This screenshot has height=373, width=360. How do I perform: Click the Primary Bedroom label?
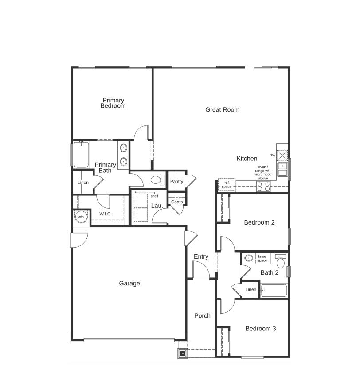pos(113,103)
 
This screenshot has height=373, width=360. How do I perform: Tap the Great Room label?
pos(222,110)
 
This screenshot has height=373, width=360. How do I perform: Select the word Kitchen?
pos(247,159)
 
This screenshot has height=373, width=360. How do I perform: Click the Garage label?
pos(129,284)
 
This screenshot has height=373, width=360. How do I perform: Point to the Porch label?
pos(202,316)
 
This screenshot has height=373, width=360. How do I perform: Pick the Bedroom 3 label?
pos(261,329)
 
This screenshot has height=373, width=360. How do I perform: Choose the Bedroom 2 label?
pos(259,222)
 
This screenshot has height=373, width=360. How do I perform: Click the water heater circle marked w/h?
pos(81,217)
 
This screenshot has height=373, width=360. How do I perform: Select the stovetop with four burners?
pos(263,186)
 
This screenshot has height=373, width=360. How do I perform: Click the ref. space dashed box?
pos(227,185)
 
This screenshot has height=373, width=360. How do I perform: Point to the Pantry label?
pos(176,182)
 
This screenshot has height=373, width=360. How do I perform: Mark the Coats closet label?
pos(177,202)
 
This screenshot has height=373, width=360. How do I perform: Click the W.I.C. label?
pos(105,214)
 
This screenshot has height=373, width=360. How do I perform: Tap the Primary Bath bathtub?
pos(81,155)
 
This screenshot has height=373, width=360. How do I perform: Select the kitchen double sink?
pos(282,169)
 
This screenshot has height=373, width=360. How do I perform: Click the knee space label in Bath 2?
pos(262,259)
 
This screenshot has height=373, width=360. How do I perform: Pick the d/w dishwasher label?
pos(272,155)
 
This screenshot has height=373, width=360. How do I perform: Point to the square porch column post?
pos(183,353)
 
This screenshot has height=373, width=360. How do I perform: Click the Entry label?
pos(201,257)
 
